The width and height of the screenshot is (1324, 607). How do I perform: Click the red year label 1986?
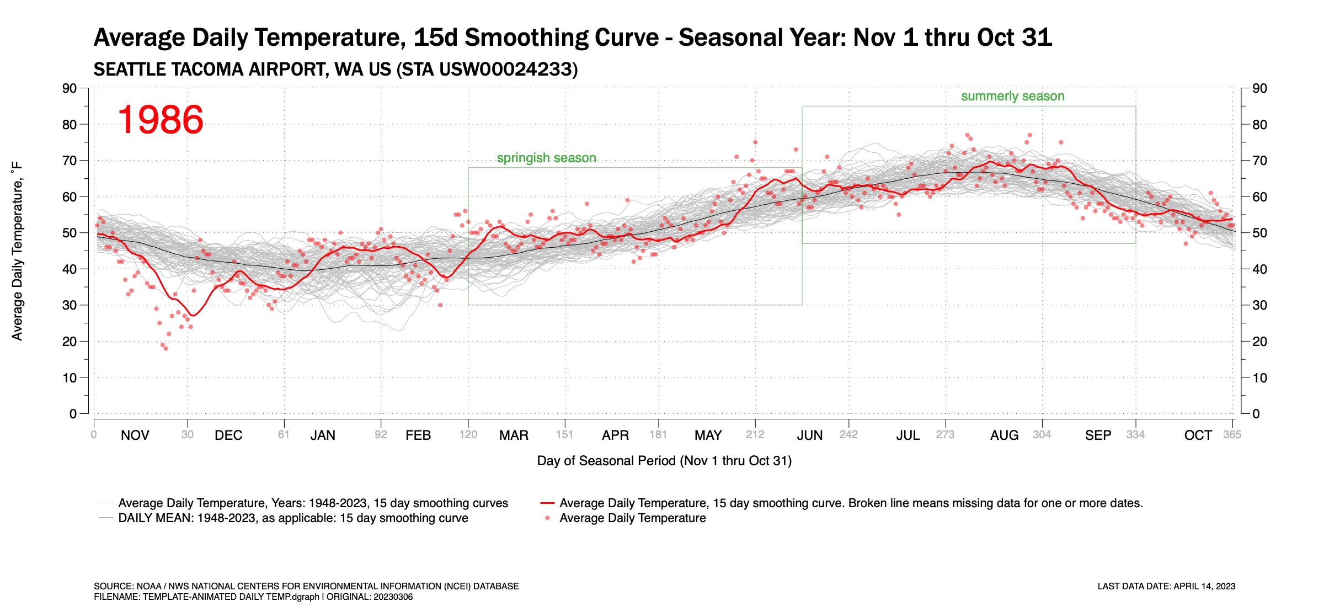161,120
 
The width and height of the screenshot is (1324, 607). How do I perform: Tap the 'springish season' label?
546,158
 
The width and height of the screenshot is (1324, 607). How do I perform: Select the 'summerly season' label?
1012,96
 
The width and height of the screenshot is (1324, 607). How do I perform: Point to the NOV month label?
135,435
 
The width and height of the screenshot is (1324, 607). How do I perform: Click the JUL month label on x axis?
907,435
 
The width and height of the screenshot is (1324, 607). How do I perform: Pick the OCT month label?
1198,435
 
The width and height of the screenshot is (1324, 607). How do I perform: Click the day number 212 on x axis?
755,435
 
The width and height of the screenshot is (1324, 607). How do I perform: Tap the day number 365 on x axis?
1232,435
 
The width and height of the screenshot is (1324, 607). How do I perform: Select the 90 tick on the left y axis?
70,88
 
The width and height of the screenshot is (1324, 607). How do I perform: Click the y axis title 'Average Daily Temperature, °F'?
17,251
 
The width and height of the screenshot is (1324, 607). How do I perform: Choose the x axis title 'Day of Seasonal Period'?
664,461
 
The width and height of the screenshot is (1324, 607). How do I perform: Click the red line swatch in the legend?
547,503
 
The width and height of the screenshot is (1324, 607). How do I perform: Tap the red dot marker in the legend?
547,518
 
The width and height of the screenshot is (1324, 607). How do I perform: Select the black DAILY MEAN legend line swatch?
106,518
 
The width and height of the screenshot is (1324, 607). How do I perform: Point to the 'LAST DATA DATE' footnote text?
1166,586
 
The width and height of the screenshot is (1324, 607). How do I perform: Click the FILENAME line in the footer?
253,597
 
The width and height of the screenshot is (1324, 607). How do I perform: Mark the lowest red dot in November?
165,348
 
